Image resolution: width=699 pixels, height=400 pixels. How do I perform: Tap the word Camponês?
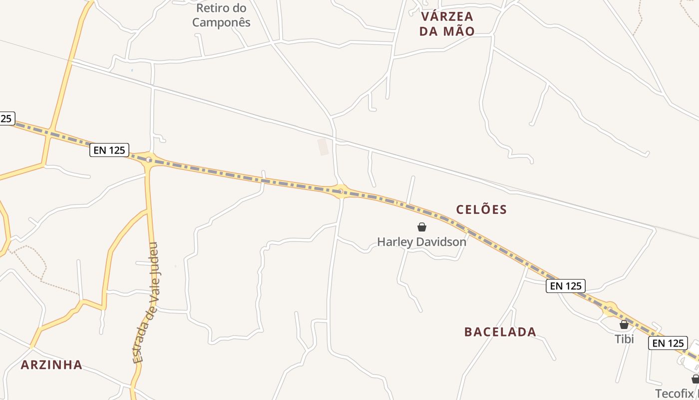(221, 22)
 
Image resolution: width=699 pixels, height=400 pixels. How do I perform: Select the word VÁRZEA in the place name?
(447, 16)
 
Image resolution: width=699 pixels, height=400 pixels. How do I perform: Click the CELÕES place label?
(481, 209)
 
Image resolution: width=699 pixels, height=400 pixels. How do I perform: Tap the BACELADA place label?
(500, 332)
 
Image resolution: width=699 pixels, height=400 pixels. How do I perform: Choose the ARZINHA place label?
(51, 365)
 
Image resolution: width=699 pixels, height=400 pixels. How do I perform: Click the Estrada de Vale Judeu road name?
(146, 303)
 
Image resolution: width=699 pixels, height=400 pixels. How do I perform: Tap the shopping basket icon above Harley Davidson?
(422, 227)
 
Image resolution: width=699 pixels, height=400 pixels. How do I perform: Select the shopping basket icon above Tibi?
(624, 324)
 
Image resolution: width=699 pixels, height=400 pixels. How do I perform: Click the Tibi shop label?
(624, 339)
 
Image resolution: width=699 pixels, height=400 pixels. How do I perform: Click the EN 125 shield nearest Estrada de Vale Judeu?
(109, 149)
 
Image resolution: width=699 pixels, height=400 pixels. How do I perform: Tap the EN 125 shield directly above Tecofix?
(668, 343)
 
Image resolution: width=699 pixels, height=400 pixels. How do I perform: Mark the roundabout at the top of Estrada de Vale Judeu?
(149, 160)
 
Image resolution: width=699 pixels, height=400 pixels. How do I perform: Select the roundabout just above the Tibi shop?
(609, 308)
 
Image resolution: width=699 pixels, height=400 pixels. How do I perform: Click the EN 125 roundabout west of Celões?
(341, 190)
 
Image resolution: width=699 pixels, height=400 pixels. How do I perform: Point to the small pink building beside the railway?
(324, 146)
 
